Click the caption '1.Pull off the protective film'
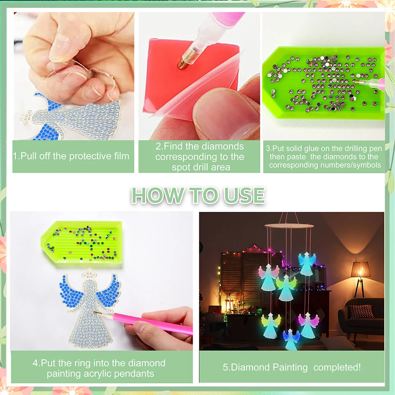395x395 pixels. click(x=71, y=156)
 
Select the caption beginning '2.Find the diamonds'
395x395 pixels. click(x=199, y=157)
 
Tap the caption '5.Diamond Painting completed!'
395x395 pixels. click(x=292, y=367)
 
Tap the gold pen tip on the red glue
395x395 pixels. click(x=183, y=63)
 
